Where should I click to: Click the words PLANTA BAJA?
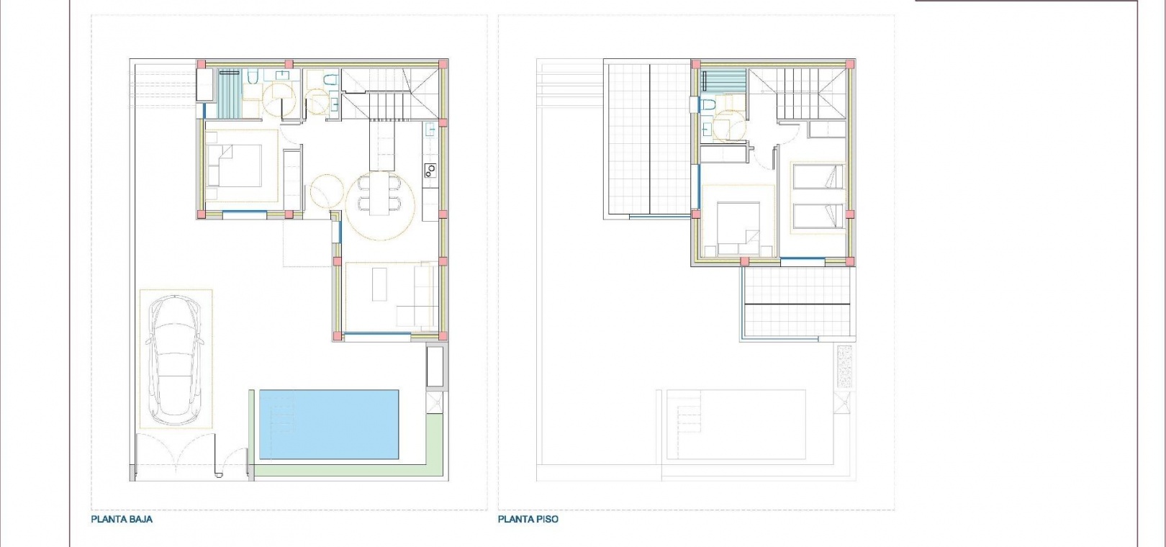point(122,519)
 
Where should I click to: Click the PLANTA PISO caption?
point(528,519)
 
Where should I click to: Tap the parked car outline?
point(175,360)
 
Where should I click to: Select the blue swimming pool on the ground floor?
point(329,424)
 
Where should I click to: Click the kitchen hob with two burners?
point(430,170)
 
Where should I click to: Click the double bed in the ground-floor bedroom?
point(234,166)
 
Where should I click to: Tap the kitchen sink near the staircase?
point(430,129)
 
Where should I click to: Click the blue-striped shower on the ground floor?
point(229,94)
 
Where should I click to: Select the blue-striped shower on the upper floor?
point(724,82)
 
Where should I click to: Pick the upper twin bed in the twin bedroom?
point(818,177)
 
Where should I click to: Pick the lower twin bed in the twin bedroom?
point(818,216)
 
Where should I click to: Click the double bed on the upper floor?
point(738,228)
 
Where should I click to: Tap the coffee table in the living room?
point(379,284)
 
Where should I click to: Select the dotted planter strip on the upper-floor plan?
point(844,366)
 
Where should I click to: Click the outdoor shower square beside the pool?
point(435,402)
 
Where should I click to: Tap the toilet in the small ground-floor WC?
point(330,80)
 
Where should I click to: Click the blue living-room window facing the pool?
point(378,334)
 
